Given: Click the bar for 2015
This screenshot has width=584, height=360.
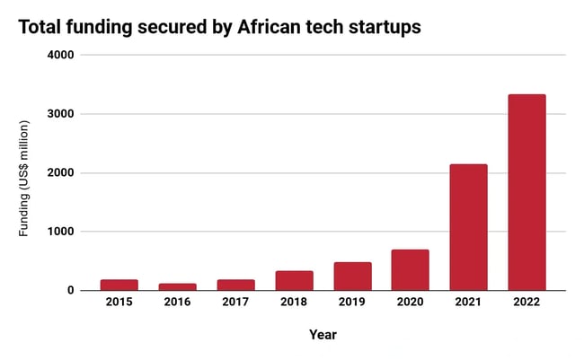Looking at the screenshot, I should (119, 285).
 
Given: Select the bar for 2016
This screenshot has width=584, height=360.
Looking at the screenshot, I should (177, 286).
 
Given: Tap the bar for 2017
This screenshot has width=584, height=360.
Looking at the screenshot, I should (235, 285).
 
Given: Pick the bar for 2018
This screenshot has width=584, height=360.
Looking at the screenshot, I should (294, 280).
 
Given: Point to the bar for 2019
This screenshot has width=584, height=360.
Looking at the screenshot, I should (352, 276).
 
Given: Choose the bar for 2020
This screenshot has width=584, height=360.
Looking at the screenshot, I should (410, 269).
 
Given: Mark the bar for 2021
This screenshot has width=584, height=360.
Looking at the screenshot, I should (468, 227).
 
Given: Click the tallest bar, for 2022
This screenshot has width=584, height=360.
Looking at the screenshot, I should (526, 192).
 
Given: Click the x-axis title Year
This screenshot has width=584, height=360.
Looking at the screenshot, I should (323, 335).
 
